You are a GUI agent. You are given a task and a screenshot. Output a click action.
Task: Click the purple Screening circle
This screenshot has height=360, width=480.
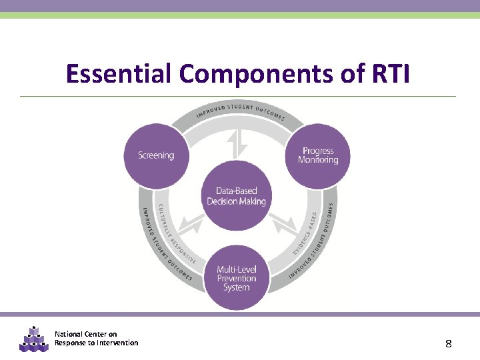point(156,155)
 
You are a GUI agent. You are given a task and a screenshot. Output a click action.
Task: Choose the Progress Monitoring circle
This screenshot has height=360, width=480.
point(318,155)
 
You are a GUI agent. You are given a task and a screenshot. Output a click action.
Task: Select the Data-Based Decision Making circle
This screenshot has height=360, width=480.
point(237,196)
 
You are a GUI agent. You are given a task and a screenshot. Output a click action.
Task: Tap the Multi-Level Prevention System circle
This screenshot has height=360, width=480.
point(237,279)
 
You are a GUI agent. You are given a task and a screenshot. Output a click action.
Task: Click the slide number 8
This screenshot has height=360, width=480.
point(449,344)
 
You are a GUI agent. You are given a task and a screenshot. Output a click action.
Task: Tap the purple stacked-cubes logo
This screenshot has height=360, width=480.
point(33,339)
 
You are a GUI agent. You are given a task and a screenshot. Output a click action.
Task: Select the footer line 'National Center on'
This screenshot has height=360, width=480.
point(85,334)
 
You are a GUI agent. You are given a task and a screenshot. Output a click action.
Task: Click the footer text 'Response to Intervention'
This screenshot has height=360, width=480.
point(97,343)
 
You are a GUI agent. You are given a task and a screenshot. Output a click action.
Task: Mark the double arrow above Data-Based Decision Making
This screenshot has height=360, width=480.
point(237,144)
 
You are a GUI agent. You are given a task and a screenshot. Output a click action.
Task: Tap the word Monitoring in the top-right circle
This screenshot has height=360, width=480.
point(318,160)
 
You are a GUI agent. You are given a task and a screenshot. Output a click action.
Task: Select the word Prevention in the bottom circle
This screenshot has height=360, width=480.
point(237,279)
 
